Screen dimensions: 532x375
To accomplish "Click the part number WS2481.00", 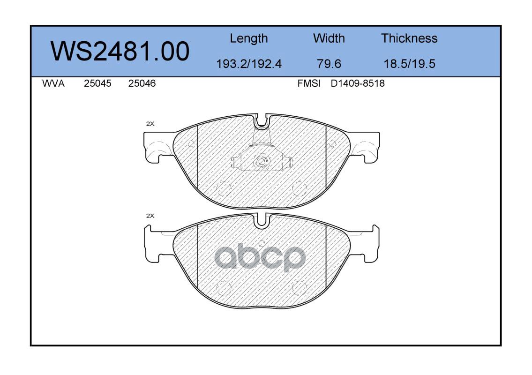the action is tap(120, 51).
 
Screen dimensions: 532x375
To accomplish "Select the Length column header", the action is tap(249, 38).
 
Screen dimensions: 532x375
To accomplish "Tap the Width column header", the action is tap(329, 38).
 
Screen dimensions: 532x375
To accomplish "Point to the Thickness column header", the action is tap(409, 38).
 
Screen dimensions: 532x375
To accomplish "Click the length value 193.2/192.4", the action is tap(249, 64).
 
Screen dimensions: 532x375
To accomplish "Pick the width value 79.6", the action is tap(329, 64).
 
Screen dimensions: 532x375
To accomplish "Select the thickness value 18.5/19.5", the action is tap(409, 64).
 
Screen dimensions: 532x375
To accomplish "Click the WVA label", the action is tap(53, 83).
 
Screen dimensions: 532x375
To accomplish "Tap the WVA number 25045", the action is tap(97, 83).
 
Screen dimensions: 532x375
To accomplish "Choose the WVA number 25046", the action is tap(142, 83).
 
